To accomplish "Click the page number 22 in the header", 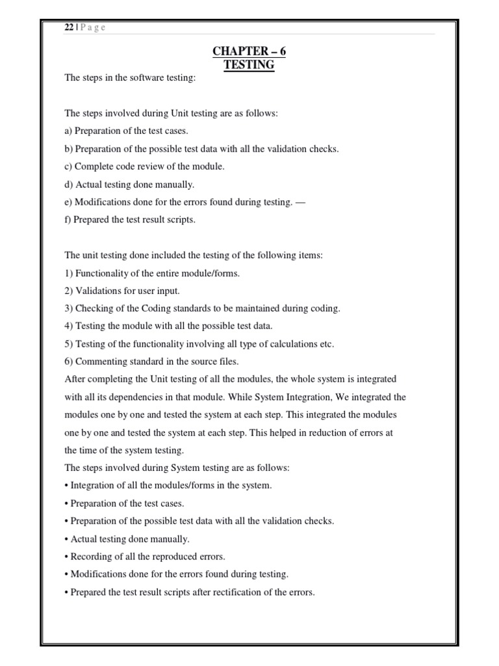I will pyautogui.click(x=68, y=27).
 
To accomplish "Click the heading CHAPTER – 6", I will pyautogui.click(x=249, y=51).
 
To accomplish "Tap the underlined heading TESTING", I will pyautogui.click(x=249, y=65).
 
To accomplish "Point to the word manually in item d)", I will pyautogui.click(x=174, y=184).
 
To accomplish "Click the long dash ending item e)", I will pyautogui.click(x=300, y=202).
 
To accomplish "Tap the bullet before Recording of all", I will pyautogui.click(x=66, y=557).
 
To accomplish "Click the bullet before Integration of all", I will pyautogui.click(x=66, y=486).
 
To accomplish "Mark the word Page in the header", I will pyautogui.click(x=93, y=27).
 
